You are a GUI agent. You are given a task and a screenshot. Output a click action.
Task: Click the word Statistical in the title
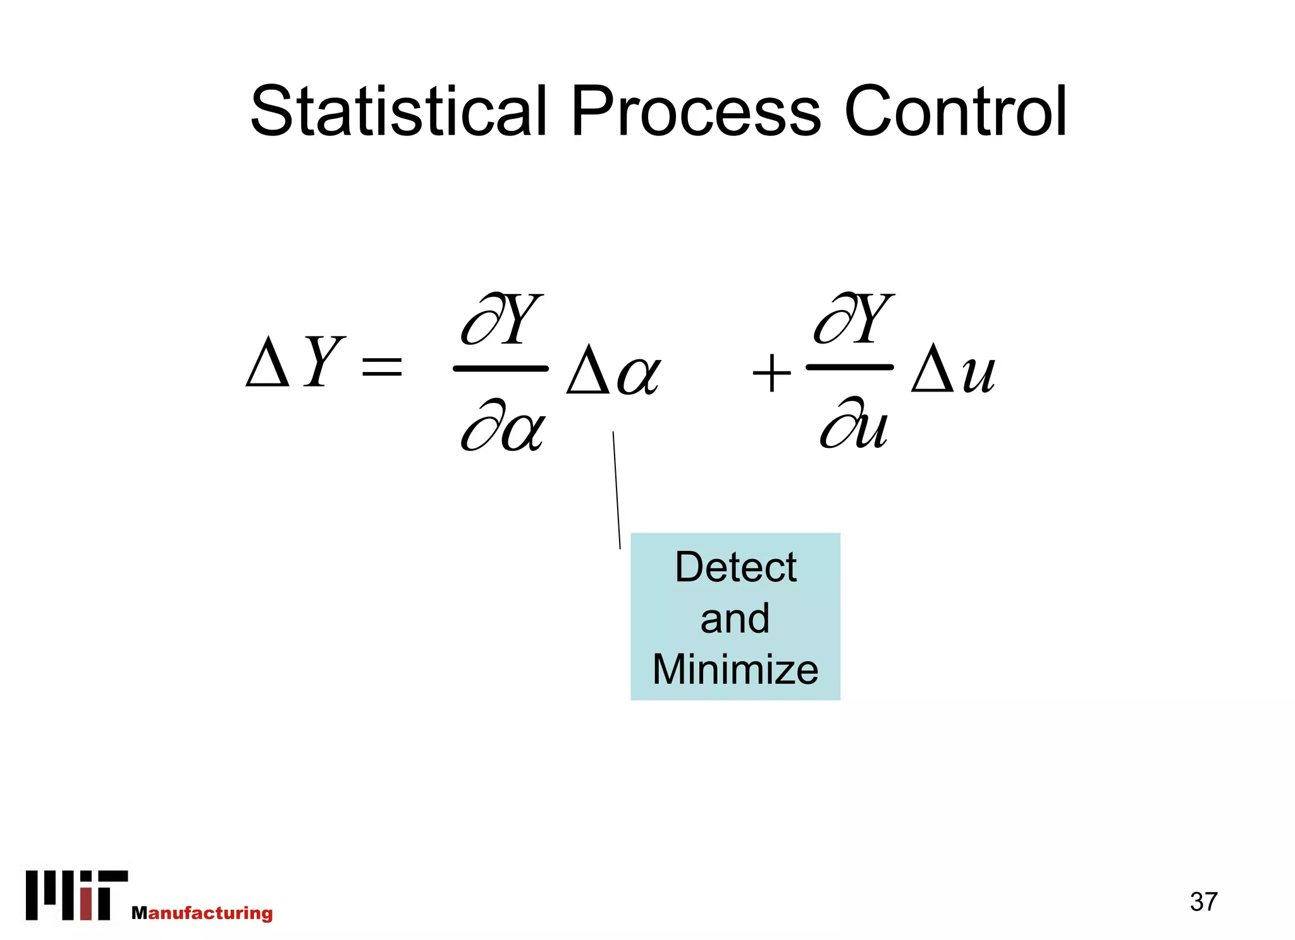tap(398, 112)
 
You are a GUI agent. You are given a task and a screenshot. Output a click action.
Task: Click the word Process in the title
tap(696, 112)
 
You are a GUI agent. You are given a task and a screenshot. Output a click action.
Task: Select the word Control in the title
tap(955, 112)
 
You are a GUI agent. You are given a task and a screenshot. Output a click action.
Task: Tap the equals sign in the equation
tap(381, 366)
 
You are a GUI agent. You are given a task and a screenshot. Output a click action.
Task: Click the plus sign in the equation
tap(771, 373)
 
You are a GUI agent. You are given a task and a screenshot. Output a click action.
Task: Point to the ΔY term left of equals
tap(295, 362)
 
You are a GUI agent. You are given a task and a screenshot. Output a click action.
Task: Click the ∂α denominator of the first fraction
tap(502, 426)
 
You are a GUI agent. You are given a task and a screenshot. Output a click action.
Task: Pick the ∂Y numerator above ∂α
tap(502, 320)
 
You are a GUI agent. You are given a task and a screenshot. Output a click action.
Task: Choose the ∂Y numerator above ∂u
tap(854, 319)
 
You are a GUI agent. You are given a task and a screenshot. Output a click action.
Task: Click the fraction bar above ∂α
tap(501, 368)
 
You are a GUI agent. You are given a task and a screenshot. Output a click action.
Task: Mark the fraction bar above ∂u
tap(849, 367)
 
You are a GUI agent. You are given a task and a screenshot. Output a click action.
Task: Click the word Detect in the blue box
tap(735, 567)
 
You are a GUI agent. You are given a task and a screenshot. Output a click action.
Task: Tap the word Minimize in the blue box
tap(735, 669)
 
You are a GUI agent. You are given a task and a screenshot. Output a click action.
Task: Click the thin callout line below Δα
tap(617, 490)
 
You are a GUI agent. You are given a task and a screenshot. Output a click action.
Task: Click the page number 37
tap(1203, 901)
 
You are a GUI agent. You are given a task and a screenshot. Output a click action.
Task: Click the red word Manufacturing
tap(202, 913)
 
